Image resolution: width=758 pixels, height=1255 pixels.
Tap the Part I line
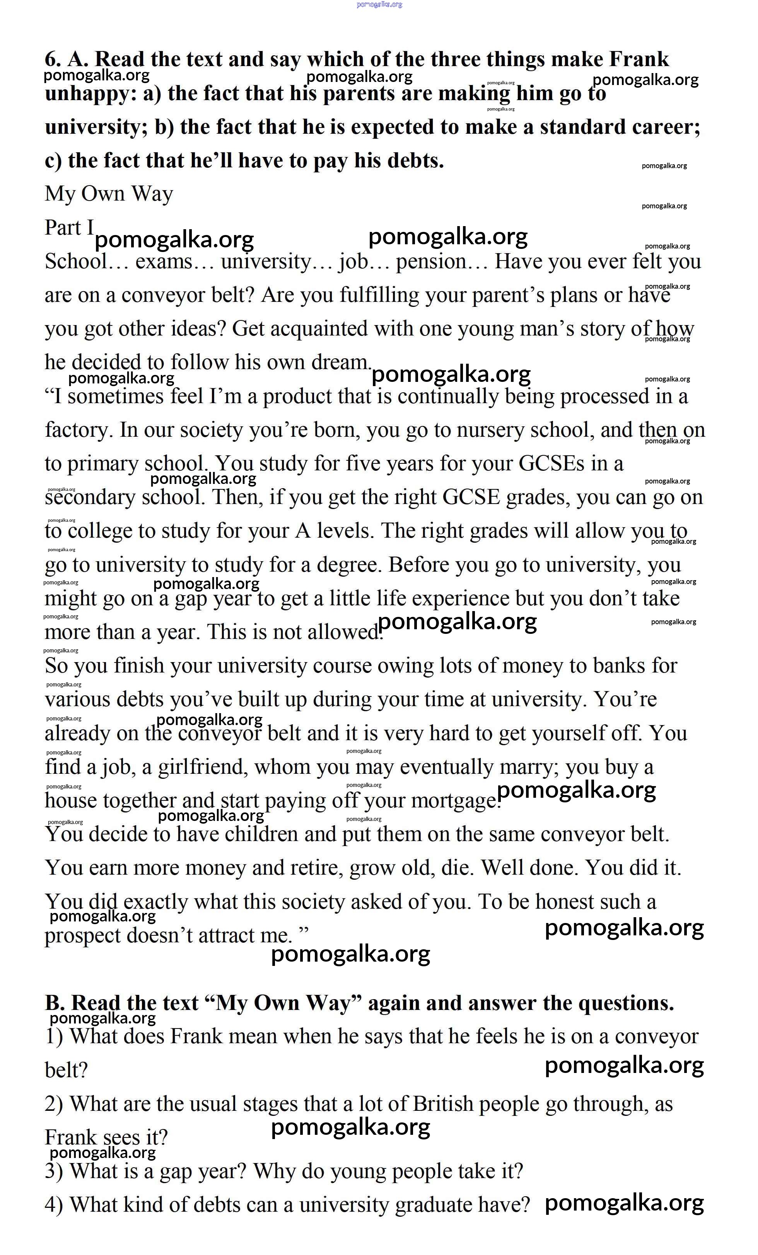(69, 228)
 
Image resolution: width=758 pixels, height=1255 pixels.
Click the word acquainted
(319, 329)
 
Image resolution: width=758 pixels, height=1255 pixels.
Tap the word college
(99, 531)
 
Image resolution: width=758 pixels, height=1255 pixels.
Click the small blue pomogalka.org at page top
(379, 4)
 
